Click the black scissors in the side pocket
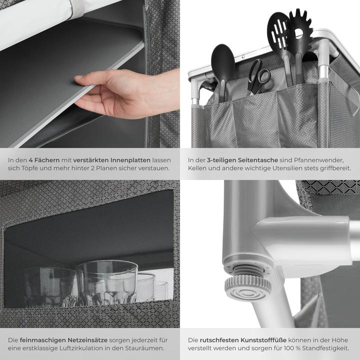[x=259, y=77]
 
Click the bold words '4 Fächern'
[x=44, y=160]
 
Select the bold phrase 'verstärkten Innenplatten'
[x=112, y=160]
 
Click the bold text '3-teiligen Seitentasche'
[x=242, y=160]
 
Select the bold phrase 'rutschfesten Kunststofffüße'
[x=243, y=340]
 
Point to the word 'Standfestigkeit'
[x=325, y=348]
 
